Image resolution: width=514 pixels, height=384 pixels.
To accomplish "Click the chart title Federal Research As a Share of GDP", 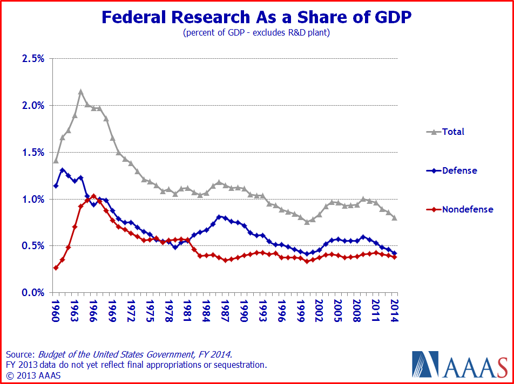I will pyautogui.click(x=256, y=17).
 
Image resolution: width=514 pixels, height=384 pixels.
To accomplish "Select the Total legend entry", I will pyautogui.click(x=452, y=132).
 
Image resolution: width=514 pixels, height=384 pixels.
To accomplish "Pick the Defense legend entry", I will pyautogui.click(x=459, y=170).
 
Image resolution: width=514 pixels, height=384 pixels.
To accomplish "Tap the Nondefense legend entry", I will pyautogui.click(x=467, y=209).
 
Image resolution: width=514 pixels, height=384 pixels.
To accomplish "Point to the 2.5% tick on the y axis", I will pyautogui.click(x=33, y=58).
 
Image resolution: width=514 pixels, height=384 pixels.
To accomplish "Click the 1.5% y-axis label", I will pyautogui.click(x=33, y=152).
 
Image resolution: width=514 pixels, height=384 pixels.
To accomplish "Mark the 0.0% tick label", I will pyautogui.click(x=33, y=292).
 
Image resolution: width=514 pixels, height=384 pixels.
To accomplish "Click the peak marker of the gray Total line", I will pyautogui.click(x=80, y=92).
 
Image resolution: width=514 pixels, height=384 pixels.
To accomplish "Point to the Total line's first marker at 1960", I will pyautogui.click(x=56, y=161).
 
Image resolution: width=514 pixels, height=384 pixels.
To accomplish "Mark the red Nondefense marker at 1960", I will pyautogui.click(x=56, y=268).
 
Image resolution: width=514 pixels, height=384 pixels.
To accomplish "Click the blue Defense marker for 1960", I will pyautogui.click(x=56, y=186).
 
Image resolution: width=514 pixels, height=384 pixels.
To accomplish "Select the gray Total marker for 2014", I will pyautogui.click(x=394, y=218).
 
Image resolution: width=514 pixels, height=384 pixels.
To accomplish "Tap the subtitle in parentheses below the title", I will pyautogui.click(x=256, y=33).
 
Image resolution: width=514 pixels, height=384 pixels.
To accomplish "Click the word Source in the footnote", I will pyautogui.click(x=20, y=354).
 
